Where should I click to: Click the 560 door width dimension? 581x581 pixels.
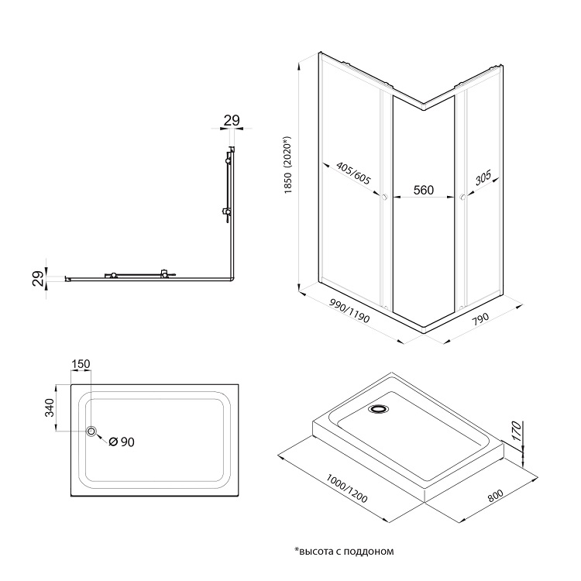422,190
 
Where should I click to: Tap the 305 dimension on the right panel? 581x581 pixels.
483,180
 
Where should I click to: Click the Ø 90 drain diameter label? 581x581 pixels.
122,442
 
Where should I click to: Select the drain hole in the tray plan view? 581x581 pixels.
92,431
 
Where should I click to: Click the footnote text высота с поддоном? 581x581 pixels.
345,552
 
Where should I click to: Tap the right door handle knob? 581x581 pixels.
462,198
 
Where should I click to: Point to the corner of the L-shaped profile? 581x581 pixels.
232,278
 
